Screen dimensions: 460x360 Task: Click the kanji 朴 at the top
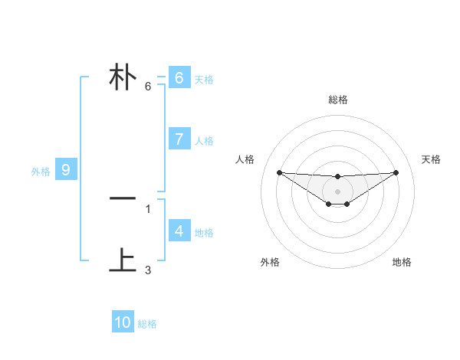point(123,78)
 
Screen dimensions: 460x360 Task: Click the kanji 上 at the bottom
point(123,261)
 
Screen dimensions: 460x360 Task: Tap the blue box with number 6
point(179,78)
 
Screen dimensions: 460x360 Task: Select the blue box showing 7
point(179,139)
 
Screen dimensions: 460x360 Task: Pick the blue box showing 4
point(179,231)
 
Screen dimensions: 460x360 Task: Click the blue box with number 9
point(66,170)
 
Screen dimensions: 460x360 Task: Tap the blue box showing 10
point(123,322)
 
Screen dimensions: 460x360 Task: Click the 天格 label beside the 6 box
point(204,80)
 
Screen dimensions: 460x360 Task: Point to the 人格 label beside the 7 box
point(204,141)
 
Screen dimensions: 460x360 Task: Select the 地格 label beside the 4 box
point(204,233)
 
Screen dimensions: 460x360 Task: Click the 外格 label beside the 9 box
point(41,172)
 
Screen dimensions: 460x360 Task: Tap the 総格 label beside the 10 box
point(147,325)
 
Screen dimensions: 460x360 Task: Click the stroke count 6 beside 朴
point(148,87)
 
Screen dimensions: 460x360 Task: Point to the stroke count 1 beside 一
point(148,208)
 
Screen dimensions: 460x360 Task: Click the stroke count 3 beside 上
point(148,270)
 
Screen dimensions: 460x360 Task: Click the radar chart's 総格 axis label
point(338,100)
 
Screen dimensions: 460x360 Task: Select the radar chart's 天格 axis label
point(432,159)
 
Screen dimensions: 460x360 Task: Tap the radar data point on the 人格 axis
point(279,172)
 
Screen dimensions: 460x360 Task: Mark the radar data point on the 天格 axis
point(396,172)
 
